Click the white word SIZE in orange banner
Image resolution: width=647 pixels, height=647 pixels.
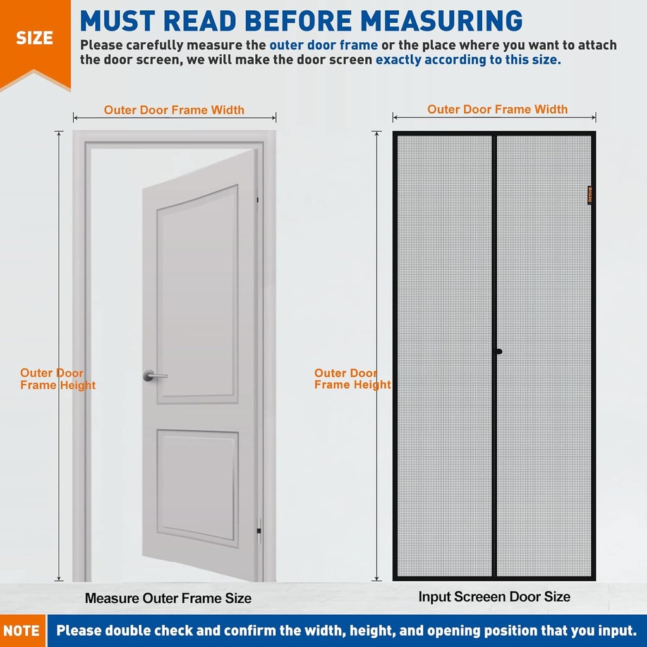(x=34, y=37)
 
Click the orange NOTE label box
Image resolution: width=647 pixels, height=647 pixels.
(x=22, y=631)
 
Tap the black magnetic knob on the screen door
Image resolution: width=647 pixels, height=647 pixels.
(x=499, y=351)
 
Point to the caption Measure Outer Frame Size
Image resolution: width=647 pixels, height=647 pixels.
(x=168, y=598)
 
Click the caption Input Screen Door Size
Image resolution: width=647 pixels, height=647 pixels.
(x=494, y=596)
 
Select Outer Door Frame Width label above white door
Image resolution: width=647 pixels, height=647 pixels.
(x=174, y=110)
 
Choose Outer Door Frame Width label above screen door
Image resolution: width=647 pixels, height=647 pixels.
(x=497, y=109)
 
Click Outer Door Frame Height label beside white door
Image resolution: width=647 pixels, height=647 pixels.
(x=57, y=379)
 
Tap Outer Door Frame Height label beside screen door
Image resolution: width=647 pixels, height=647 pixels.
(x=351, y=379)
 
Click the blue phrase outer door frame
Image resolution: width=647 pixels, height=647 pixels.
(x=323, y=45)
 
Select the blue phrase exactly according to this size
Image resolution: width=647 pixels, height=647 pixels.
(x=468, y=61)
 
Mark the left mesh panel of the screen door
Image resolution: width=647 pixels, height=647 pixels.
(x=444, y=354)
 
